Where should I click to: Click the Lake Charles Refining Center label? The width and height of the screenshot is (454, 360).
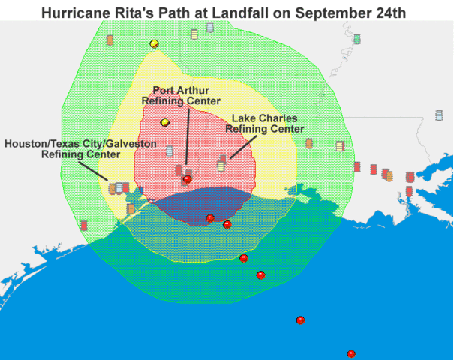click(x=264, y=124)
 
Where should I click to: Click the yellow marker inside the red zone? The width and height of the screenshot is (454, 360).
click(x=165, y=123)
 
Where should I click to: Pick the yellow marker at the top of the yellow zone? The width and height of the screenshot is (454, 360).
click(x=154, y=43)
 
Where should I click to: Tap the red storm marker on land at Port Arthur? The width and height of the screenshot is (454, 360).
click(x=187, y=179)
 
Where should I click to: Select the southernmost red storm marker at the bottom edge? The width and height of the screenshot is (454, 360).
click(x=350, y=353)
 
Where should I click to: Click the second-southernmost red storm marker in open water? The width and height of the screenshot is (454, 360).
click(x=300, y=320)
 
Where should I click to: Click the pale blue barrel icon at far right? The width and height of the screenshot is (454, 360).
click(x=439, y=115)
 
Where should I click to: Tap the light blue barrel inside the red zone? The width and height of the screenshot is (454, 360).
click(x=170, y=151)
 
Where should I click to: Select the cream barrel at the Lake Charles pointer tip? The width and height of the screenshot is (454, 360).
click(x=221, y=166)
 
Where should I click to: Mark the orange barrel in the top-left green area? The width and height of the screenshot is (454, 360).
click(x=110, y=40)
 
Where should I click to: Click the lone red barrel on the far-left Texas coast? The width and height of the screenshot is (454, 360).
click(x=84, y=225)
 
